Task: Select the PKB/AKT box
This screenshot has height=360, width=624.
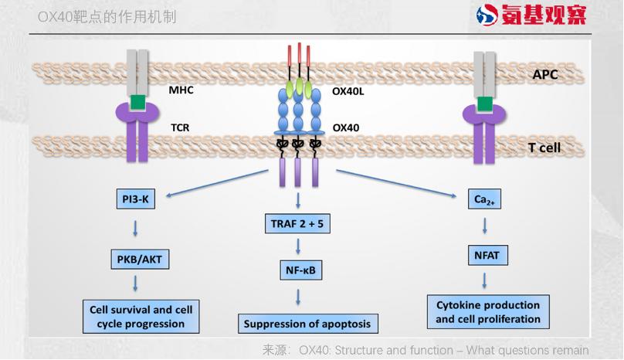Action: click(139, 258)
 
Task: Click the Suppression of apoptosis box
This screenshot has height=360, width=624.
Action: click(307, 324)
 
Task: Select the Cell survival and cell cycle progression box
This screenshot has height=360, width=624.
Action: click(141, 317)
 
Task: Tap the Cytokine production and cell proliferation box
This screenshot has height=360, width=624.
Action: click(488, 311)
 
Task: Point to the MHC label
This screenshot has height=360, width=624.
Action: click(181, 90)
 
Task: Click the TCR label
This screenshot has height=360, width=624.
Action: click(180, 127)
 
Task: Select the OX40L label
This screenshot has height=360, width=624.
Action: click(348, 90)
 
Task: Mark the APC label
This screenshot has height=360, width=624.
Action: click(545, 75)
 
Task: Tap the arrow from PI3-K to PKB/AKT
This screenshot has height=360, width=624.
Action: click(136, 229)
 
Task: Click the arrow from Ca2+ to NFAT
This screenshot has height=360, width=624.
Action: click(485, 227)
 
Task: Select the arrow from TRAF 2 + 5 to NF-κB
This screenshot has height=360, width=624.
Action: click(299, 248)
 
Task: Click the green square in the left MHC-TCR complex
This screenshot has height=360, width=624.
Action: click(138, 102)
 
